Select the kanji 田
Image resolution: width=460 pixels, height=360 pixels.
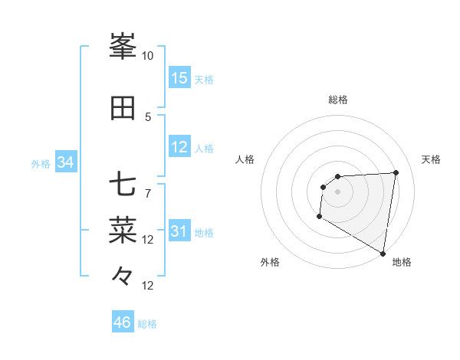123,109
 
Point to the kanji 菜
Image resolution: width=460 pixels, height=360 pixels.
123,228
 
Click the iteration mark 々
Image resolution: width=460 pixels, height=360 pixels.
123,274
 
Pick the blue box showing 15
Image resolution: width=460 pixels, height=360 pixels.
179,78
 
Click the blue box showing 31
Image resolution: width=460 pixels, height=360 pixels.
179,232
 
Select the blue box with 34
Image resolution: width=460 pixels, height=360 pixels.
66,162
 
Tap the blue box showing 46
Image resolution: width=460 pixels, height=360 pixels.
123,322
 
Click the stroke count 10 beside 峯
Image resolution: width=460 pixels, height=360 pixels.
147,56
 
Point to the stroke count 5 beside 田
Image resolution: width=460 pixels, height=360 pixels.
148,116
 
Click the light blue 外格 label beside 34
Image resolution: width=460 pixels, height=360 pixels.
41,163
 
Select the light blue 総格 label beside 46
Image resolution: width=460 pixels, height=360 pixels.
147,324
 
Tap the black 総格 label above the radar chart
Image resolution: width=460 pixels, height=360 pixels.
337,100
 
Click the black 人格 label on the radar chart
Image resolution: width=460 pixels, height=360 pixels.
245,159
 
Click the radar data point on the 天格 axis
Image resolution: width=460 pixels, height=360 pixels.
396,172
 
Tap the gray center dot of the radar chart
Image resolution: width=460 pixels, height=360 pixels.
337,191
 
